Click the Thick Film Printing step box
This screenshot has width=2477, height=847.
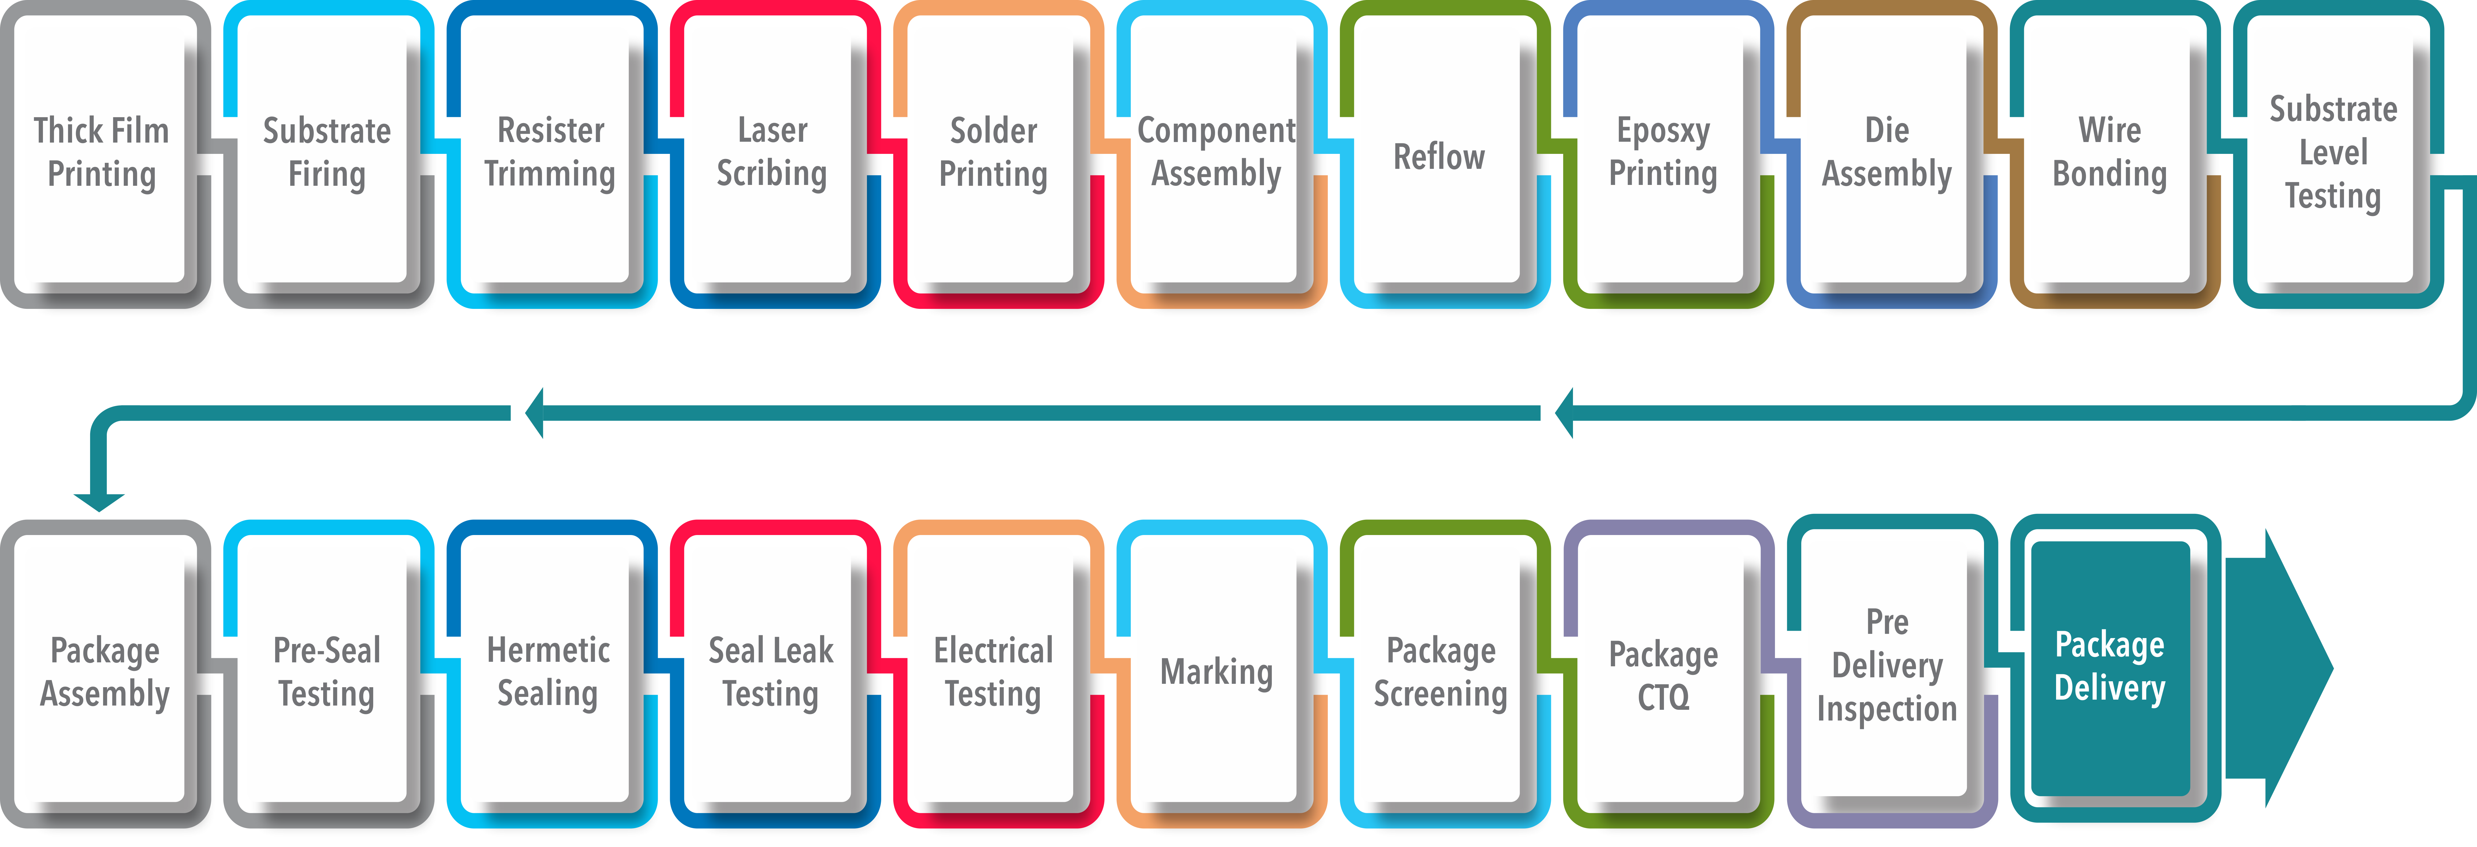coord(101,154)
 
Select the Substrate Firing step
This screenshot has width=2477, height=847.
coord(326,154)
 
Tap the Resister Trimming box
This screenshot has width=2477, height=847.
coord(549,154)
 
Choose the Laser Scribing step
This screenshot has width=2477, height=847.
coord(771,154)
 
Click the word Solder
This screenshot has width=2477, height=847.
coord(993,131)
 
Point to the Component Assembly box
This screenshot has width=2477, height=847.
coord(1216,154)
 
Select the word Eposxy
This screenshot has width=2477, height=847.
coord(1663,131)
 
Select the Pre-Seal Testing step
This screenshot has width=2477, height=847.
coord(326,673)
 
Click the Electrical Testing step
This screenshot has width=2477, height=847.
coord(993,673)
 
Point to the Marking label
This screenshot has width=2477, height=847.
coord(1216,672)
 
